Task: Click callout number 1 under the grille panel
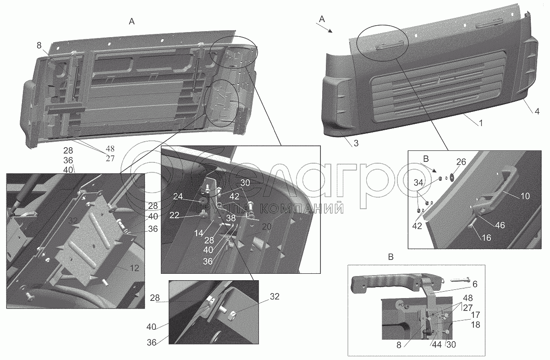(x=481, y=123)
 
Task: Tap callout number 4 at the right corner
(x=537, y=111)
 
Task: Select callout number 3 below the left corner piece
(x=356, y=143)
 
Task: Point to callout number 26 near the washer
(x=461, y=162)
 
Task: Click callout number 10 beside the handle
(x=525, y=196)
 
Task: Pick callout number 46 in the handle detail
(x=500, y=225)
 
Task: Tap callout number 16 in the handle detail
(x=486, y=238)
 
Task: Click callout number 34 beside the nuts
(x=418, y=183)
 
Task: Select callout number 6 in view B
(x=475, y=284)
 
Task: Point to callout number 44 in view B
(x=437, y=344)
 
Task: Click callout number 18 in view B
(x=476, y=325)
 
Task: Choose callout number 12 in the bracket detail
(x=134, y=268)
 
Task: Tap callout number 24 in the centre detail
(x=178, y=196)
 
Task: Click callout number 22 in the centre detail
(x=174, y=215)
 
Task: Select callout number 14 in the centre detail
(x=198, y=233)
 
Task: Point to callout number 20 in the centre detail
(x=267, y=227)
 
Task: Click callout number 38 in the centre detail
(x=231, y=218)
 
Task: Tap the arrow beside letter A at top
(x=324, y=28)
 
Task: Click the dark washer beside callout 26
(x=452, y=176)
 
